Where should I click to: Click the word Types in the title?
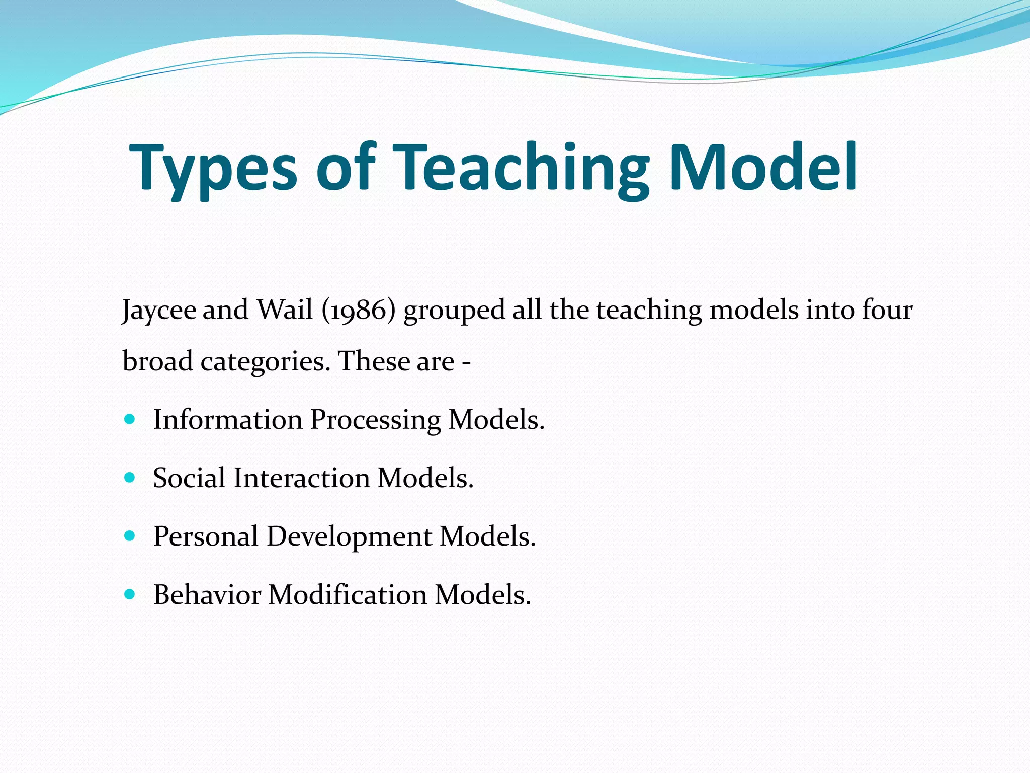coord(214,169)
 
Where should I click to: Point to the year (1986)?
coord(359,310)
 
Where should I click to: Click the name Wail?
coord(285,310)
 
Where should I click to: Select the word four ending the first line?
coord(887,310)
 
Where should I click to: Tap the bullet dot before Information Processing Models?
coord(130,419)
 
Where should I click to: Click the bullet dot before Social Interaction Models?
coord(130,478)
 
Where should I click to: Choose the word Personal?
coord(206,536)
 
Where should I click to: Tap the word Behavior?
coord(207,595)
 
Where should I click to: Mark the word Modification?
coord(348,595)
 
